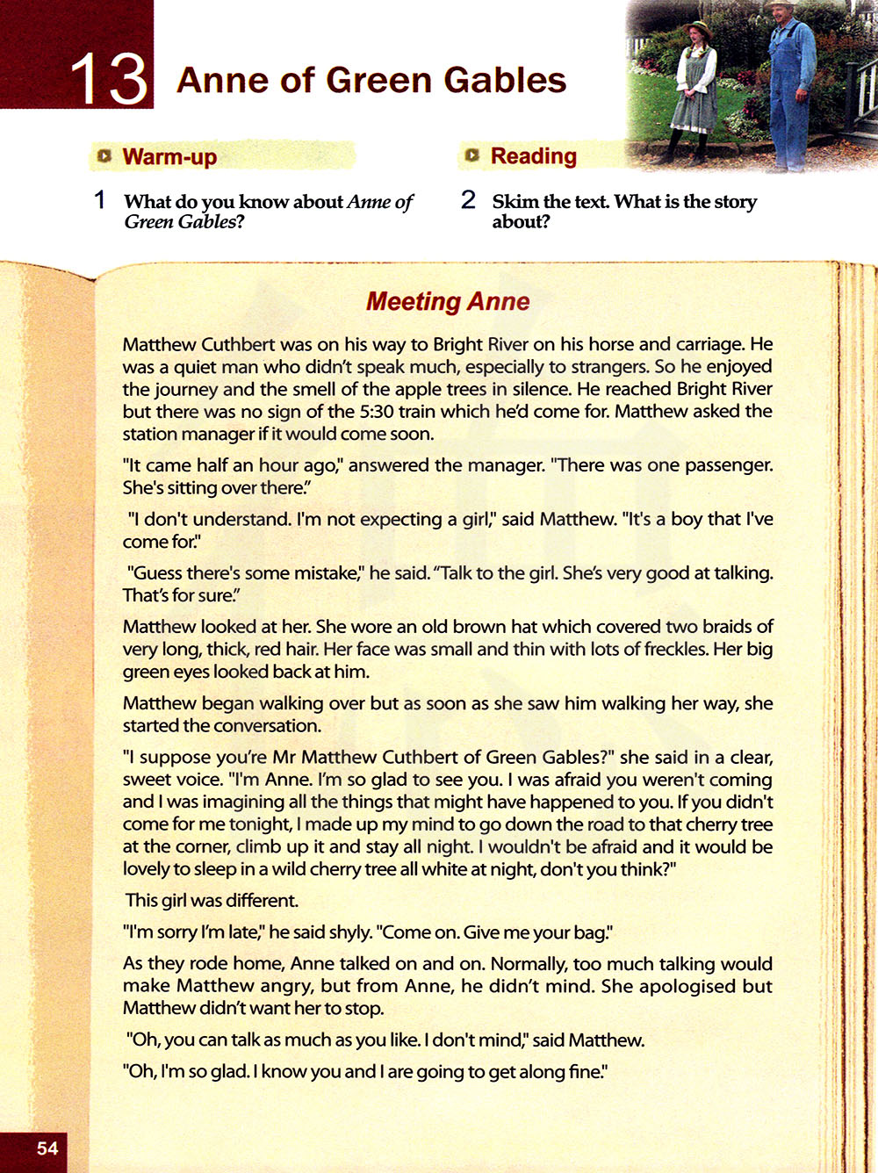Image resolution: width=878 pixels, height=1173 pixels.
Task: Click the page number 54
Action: tap(47, 1148)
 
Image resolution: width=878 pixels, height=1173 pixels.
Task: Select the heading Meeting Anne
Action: tap(448, 301)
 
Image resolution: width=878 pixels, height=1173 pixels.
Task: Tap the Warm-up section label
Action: tap(169, 156)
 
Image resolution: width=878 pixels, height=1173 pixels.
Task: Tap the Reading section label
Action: tap(533, 155)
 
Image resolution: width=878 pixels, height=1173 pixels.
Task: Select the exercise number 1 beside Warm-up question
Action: tap(100, 200)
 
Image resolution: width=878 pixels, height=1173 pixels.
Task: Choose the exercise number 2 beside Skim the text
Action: tap(468, 200)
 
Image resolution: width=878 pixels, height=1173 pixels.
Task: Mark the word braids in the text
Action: tap(724, 626)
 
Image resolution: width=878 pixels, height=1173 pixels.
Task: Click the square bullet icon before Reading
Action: tap(472, 155)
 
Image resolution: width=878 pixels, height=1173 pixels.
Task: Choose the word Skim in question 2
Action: tap(515, 201)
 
